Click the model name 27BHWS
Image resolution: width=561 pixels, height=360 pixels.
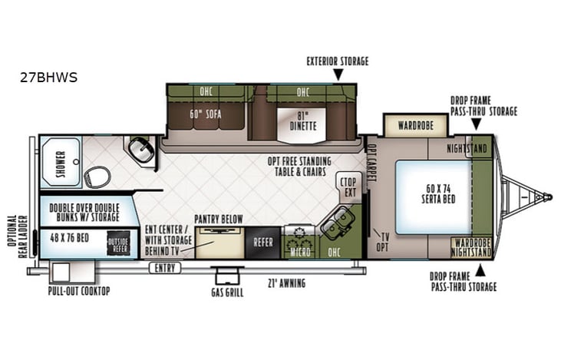50,78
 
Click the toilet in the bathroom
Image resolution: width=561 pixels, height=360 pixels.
97,177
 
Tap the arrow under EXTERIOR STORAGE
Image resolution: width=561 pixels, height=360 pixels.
337,74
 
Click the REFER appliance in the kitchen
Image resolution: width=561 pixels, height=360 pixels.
263,242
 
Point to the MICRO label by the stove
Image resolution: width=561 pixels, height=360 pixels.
299,250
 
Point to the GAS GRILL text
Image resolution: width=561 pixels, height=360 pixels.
227,292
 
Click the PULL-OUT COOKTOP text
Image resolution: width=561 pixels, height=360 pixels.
78,291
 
